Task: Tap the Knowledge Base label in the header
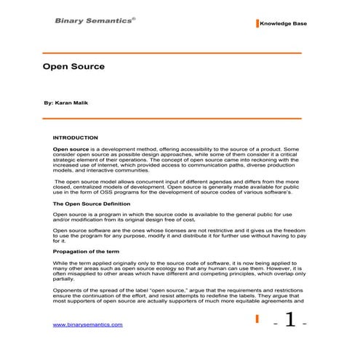pos(283,24)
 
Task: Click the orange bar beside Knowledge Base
pos(257,23)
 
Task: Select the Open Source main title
pos(73,66)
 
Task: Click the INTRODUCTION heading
pos(75,137)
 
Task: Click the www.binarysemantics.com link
pos(88,325)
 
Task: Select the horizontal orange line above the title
pos(172,53)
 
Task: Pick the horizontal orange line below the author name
pos(172,118)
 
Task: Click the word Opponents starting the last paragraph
pos(68,289)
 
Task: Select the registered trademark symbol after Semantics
pos(134,17)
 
